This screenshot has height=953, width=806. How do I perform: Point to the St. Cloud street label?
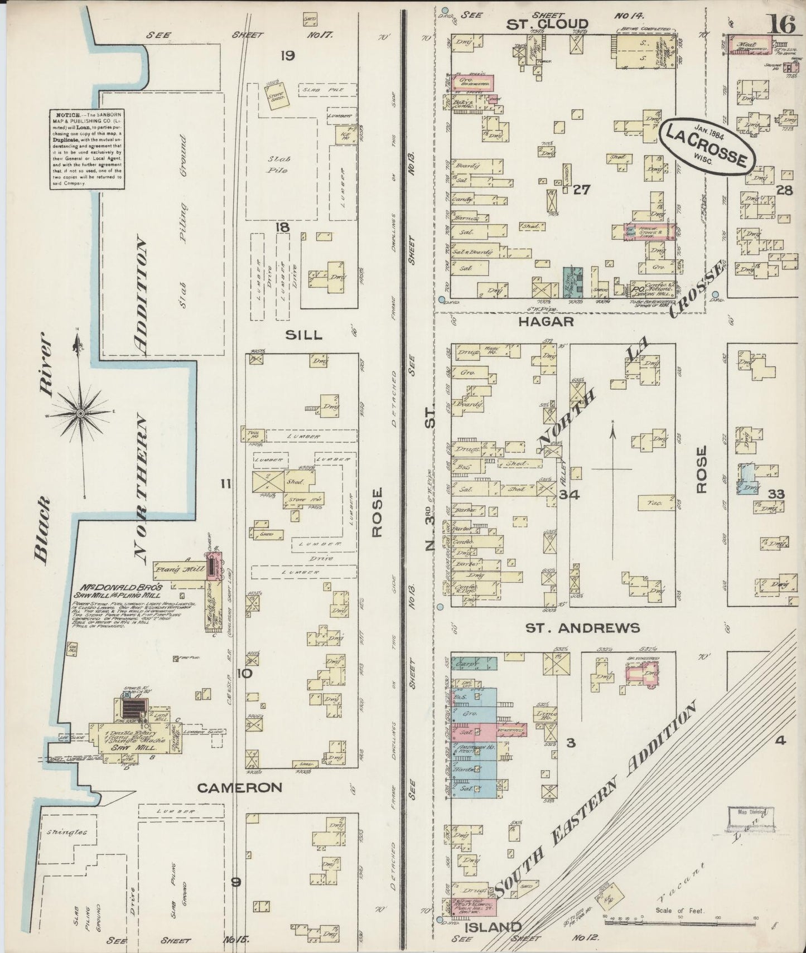click(x=548, y=23)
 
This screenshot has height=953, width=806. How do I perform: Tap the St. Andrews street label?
click(x=582, y=628)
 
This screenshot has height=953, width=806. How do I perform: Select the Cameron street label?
click(x=240, y=787)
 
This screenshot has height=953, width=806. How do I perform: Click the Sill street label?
click(x=303, y=335)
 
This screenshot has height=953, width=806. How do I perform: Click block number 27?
click(x=581, y=190)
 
